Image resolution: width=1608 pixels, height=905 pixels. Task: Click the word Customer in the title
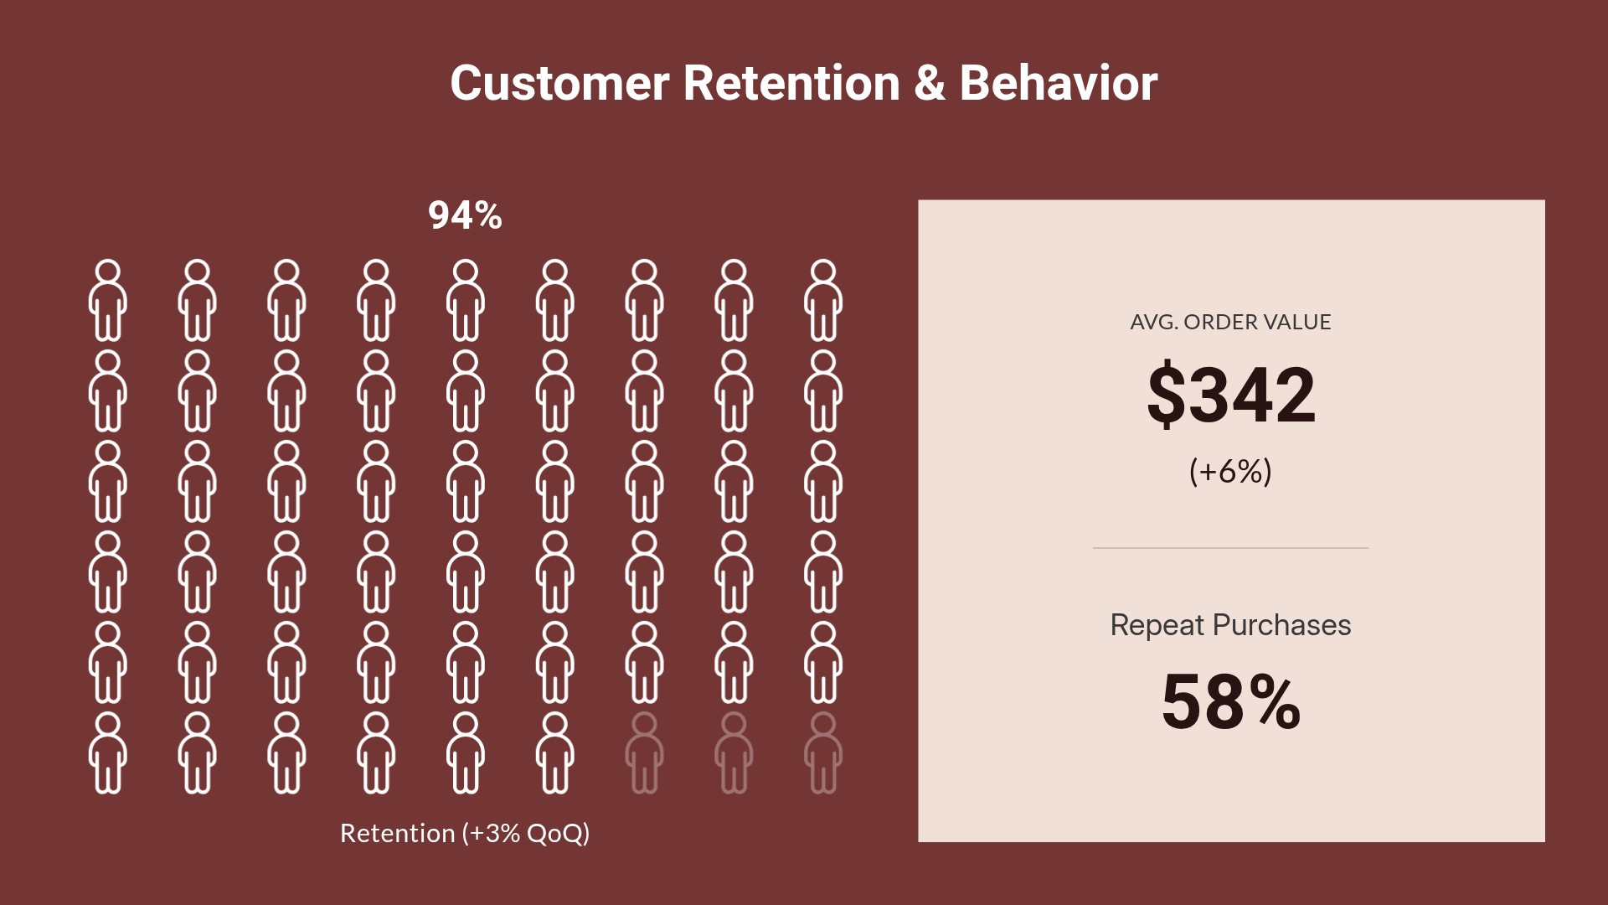tap(559, 84)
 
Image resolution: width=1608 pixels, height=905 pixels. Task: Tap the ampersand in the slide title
tap(929, 84)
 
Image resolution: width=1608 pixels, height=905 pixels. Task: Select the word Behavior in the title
tap(1059, 84)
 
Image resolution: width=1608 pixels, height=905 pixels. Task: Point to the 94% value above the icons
tap(465, 216)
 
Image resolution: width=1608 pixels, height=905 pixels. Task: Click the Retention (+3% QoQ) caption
tap(465, 834)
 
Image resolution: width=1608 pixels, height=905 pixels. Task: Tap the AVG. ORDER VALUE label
tap(1230, 323)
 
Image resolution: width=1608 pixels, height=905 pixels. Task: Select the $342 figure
tap(1230, 395)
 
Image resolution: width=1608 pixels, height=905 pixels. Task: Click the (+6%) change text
tap(1230, 472)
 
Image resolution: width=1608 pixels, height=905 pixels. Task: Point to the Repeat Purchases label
tap(1230, 625)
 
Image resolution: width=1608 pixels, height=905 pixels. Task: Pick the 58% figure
tap(1230, 702)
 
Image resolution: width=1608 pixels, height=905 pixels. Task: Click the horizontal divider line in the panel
tap(1230, 548)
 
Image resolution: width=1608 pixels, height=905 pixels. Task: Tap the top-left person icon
tap(108, 300)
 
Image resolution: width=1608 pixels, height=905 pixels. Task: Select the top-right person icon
tap(823, 300)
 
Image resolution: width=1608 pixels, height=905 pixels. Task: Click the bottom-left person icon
tap(108, 752)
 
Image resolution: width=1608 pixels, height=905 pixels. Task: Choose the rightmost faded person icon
tap(823, 752)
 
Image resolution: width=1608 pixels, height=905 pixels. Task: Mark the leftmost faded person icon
tap(644, 752)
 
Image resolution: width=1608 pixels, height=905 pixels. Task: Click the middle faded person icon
tap(734, 752)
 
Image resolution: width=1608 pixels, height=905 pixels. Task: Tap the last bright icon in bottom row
tap(554, 752)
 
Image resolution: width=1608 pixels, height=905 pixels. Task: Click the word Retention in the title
tap(791, 84)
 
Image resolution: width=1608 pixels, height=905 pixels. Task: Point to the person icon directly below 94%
tap(466, 300)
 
